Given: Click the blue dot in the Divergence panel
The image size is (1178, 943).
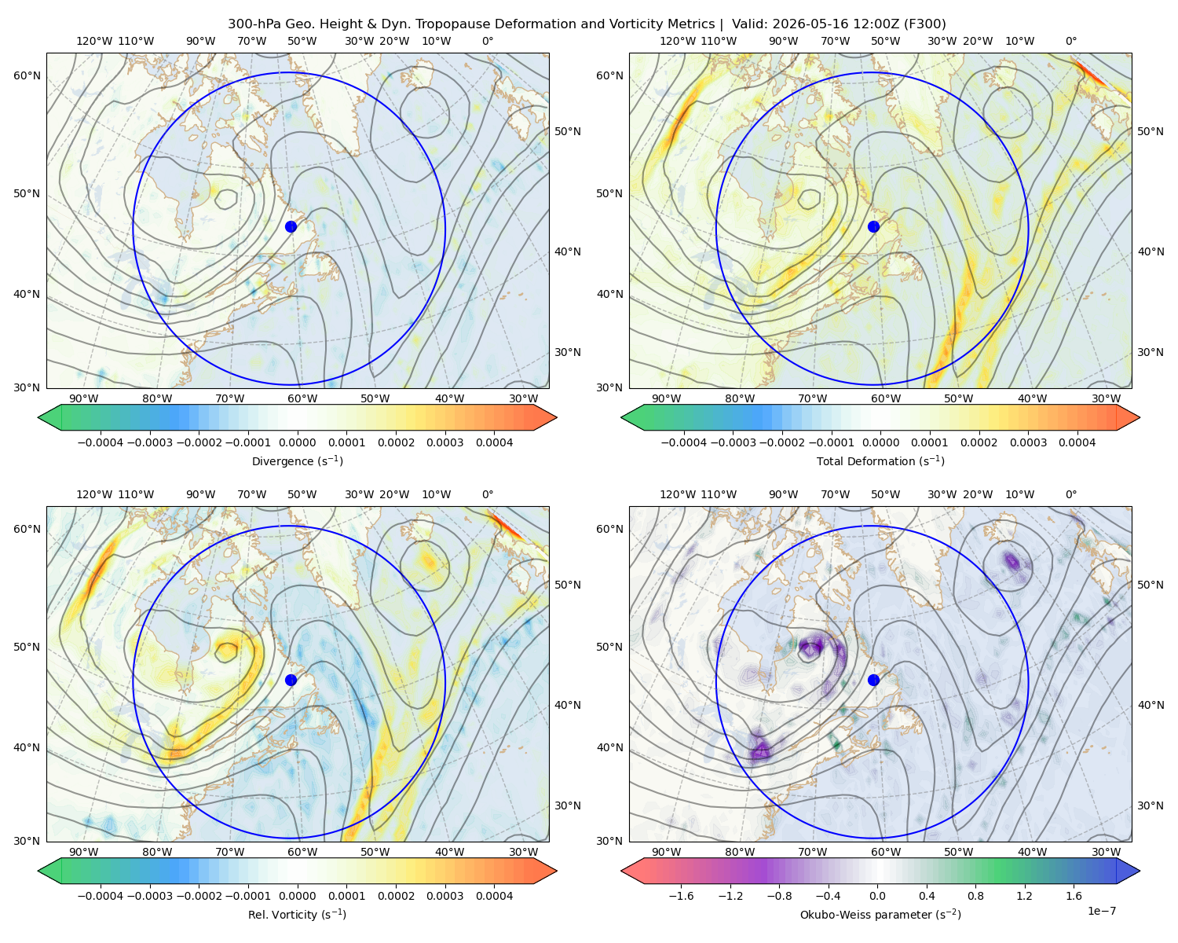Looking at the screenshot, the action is (x=291, y=226).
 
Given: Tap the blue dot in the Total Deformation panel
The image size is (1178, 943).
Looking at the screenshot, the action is (x=873, y=226).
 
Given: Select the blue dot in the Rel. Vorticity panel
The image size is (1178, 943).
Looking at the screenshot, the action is (x=291, y=680).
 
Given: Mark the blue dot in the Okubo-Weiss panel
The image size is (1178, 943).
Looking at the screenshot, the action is (x=873, y=680).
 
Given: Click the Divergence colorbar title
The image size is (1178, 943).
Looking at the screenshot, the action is (x=297, y=460).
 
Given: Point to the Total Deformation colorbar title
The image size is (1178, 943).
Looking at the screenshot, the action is (x=880, y=460).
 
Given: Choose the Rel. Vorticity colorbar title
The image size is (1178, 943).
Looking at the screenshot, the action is (x=297, y=914).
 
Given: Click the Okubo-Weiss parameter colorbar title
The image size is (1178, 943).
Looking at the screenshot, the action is (x=880, y=914).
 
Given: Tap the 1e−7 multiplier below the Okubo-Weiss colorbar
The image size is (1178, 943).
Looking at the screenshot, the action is (x=1101, y=911).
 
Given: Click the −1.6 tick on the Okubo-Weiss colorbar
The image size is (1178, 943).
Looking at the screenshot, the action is (x=681, y=895).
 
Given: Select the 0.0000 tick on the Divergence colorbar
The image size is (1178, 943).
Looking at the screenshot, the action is (x=297, y=442).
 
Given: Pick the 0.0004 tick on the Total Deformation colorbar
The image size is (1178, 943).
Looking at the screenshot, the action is (x=1077, y=442).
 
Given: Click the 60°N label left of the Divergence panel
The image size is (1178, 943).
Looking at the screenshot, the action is (x=27, y=75).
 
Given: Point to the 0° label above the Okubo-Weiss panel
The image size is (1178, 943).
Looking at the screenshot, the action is (x=1070, y=494).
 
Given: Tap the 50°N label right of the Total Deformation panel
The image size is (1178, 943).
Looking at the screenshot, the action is (x=1150, y=131).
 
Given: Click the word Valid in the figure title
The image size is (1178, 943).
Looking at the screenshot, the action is (x=747, y=24).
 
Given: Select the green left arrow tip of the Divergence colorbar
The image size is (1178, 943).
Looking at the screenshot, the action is (x=38, y=417).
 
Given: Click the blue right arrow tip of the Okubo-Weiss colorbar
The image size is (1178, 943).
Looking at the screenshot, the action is (x=1140, y=871).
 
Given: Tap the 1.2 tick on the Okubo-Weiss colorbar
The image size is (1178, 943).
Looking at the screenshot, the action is (x=1024, y=895).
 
